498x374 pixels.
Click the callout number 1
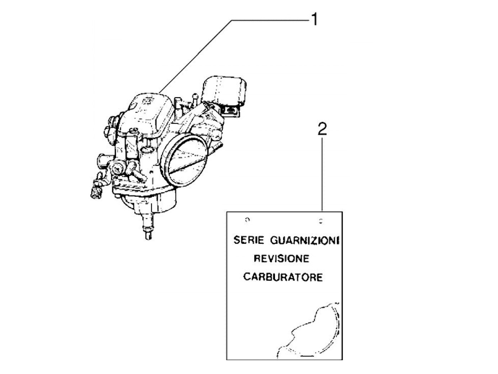click(314, 19)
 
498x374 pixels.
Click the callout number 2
click(322, 129)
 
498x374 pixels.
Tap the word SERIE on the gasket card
click(249, 240)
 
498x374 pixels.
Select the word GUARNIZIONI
click(304, 241)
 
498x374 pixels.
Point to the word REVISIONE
click(281, 258)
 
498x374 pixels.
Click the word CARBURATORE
click(283, 277)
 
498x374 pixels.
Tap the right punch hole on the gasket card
click(321, 221)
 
